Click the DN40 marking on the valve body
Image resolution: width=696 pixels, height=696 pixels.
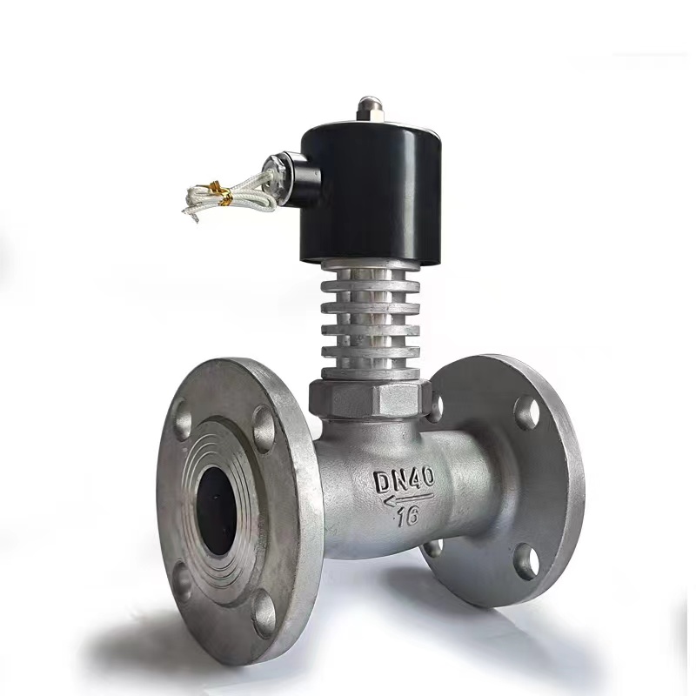pos(404,480)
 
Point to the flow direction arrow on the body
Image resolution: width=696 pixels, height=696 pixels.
pos(408,499)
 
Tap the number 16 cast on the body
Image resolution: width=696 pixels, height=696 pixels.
pos(408,516)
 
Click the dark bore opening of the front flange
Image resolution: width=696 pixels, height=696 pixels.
pos(216,512)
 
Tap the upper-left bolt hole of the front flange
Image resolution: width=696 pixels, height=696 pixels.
pos(182,417)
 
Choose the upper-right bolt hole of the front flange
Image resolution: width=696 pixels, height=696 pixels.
pos(264,429)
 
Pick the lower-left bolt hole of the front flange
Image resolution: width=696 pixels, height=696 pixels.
pos(182,581)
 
